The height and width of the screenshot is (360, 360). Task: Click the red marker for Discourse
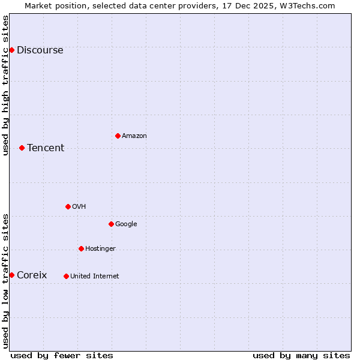(x=11, y=50)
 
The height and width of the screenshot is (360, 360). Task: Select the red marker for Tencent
(x=22, y=148)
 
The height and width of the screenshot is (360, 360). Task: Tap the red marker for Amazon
(x=118, y=136)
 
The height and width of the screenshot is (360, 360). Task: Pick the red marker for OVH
(x=68, y=206)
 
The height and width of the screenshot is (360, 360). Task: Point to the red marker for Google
(x=111, y=224)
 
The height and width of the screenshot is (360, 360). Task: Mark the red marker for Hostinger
(x=81, y=248)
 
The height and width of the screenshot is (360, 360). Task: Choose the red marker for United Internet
(x=66, y=276)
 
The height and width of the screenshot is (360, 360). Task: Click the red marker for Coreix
(x=11, y=275)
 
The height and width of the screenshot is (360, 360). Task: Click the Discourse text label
(x=40, y=50)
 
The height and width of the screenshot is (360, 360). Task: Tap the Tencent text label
(x=46, y=148)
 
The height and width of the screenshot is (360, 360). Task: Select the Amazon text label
(x=134, y=136)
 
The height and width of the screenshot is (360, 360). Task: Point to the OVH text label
(x=79, y=207)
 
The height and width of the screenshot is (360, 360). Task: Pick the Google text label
(x=126, y=224)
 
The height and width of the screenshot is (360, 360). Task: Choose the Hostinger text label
(x=100, y=249)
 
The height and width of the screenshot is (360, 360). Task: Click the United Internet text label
(x=94, y=277)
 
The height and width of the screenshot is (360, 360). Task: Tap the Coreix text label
(x=32, y=275)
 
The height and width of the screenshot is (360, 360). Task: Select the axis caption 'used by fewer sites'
(x=62, y=355)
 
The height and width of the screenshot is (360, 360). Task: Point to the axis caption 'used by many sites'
(x=301, y=355)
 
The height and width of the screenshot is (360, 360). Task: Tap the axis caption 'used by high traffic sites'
(x=5, y=85)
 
